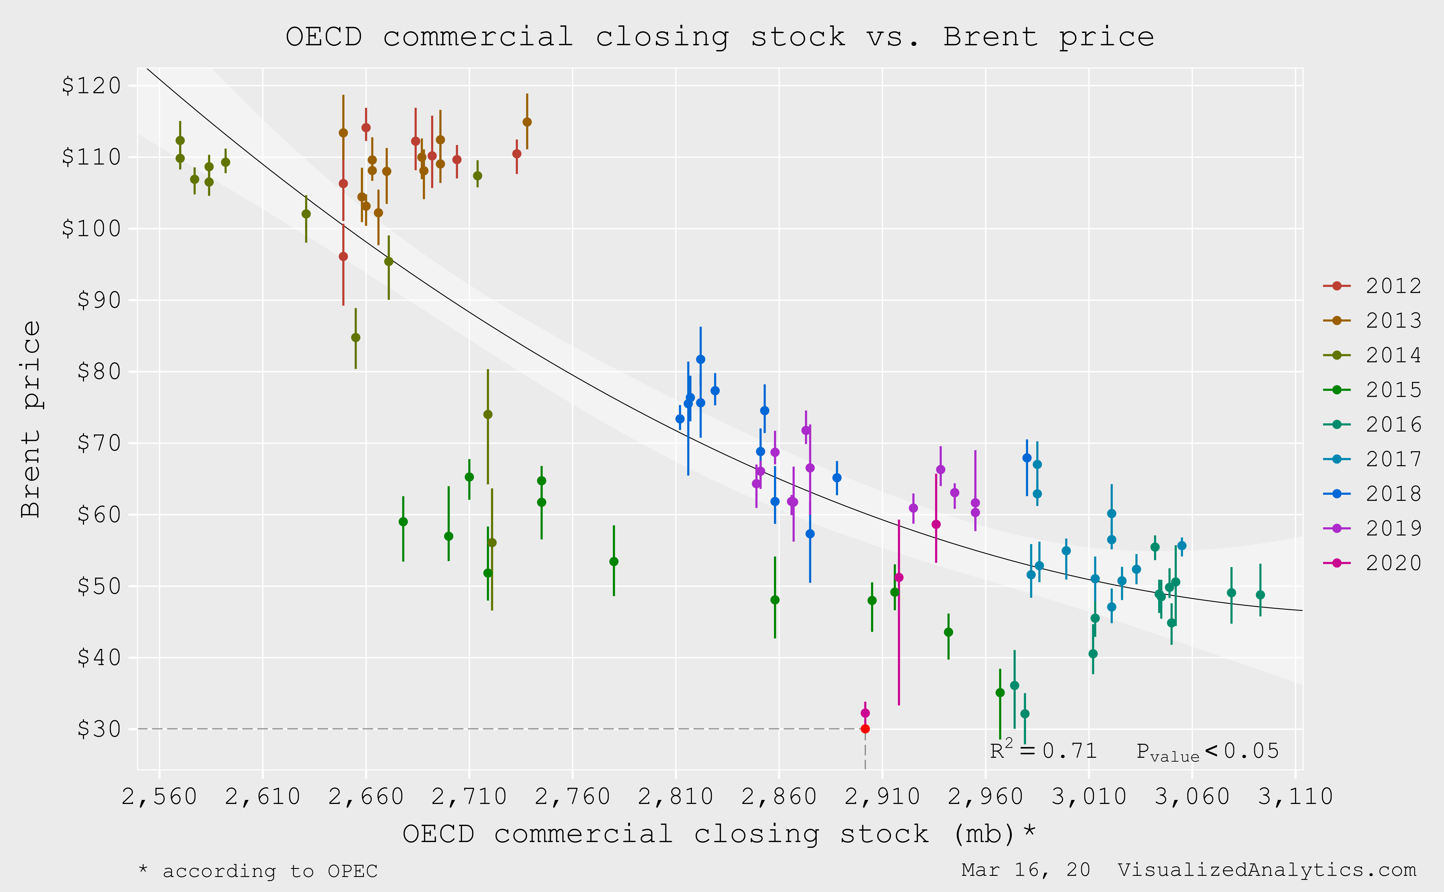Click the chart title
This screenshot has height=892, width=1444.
(x=720, y=37)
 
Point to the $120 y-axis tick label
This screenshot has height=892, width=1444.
(x=92, y=85)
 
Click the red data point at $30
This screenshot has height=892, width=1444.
(x=865, y=729)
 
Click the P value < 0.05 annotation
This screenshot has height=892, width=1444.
(x=1207, y=752)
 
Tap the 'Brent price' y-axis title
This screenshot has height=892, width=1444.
(x=31, y=419)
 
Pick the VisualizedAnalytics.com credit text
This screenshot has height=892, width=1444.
(x=1267, y=870)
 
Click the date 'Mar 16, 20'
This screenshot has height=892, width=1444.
(x=1026, y=870)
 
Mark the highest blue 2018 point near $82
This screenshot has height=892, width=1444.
(x=700, y=359)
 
